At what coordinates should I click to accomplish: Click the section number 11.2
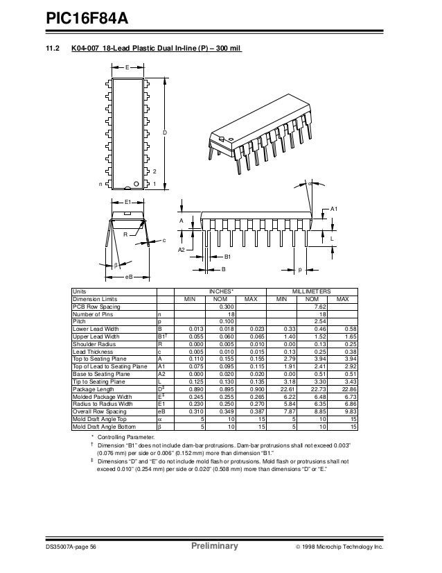(x=53, y=49)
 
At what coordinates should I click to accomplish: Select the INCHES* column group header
(x=221, y=292)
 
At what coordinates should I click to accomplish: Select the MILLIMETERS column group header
(x=312, y=292)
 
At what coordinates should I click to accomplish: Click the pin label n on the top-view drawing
(x=100, y=185)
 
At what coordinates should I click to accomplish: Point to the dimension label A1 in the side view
(x=333, y=209)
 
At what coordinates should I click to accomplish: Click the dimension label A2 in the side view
(x=181, y=249)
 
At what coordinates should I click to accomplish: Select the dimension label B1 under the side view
(x=227, y=257)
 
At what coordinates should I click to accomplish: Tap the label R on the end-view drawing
(x=125, y=235)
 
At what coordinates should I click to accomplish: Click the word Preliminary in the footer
(x=213, y=547)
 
